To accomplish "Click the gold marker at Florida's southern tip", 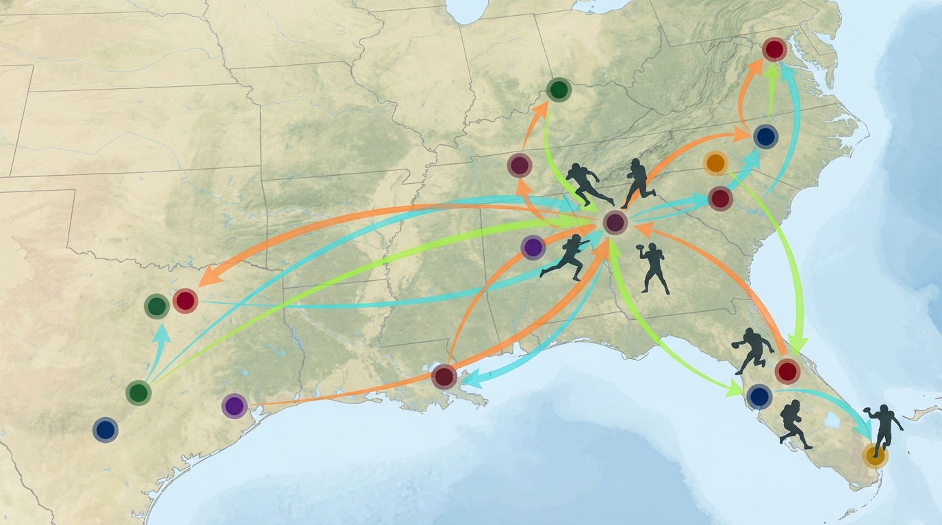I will tap(874, 455).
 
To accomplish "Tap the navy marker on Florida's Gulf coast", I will tap(759, 396).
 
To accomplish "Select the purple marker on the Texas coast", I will tap(234, 406).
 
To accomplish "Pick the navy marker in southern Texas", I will tap(105, 430).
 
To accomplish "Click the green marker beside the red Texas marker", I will tap(157, 306).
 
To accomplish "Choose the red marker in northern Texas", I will tap(185, 301).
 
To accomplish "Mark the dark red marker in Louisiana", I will tap(444, 377).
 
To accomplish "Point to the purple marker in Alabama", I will tap(533, 247).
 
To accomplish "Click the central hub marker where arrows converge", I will tap(615, 222).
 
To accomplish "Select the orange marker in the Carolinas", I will tap(715, 163).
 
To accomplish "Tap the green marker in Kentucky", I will tap(559, 90).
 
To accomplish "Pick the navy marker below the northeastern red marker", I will tap(766, 137).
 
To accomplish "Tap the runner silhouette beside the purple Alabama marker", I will tap(565, 258).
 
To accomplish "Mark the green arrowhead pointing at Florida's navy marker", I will tap(735, 390).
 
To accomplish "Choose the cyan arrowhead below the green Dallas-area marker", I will tap(162, 333).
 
